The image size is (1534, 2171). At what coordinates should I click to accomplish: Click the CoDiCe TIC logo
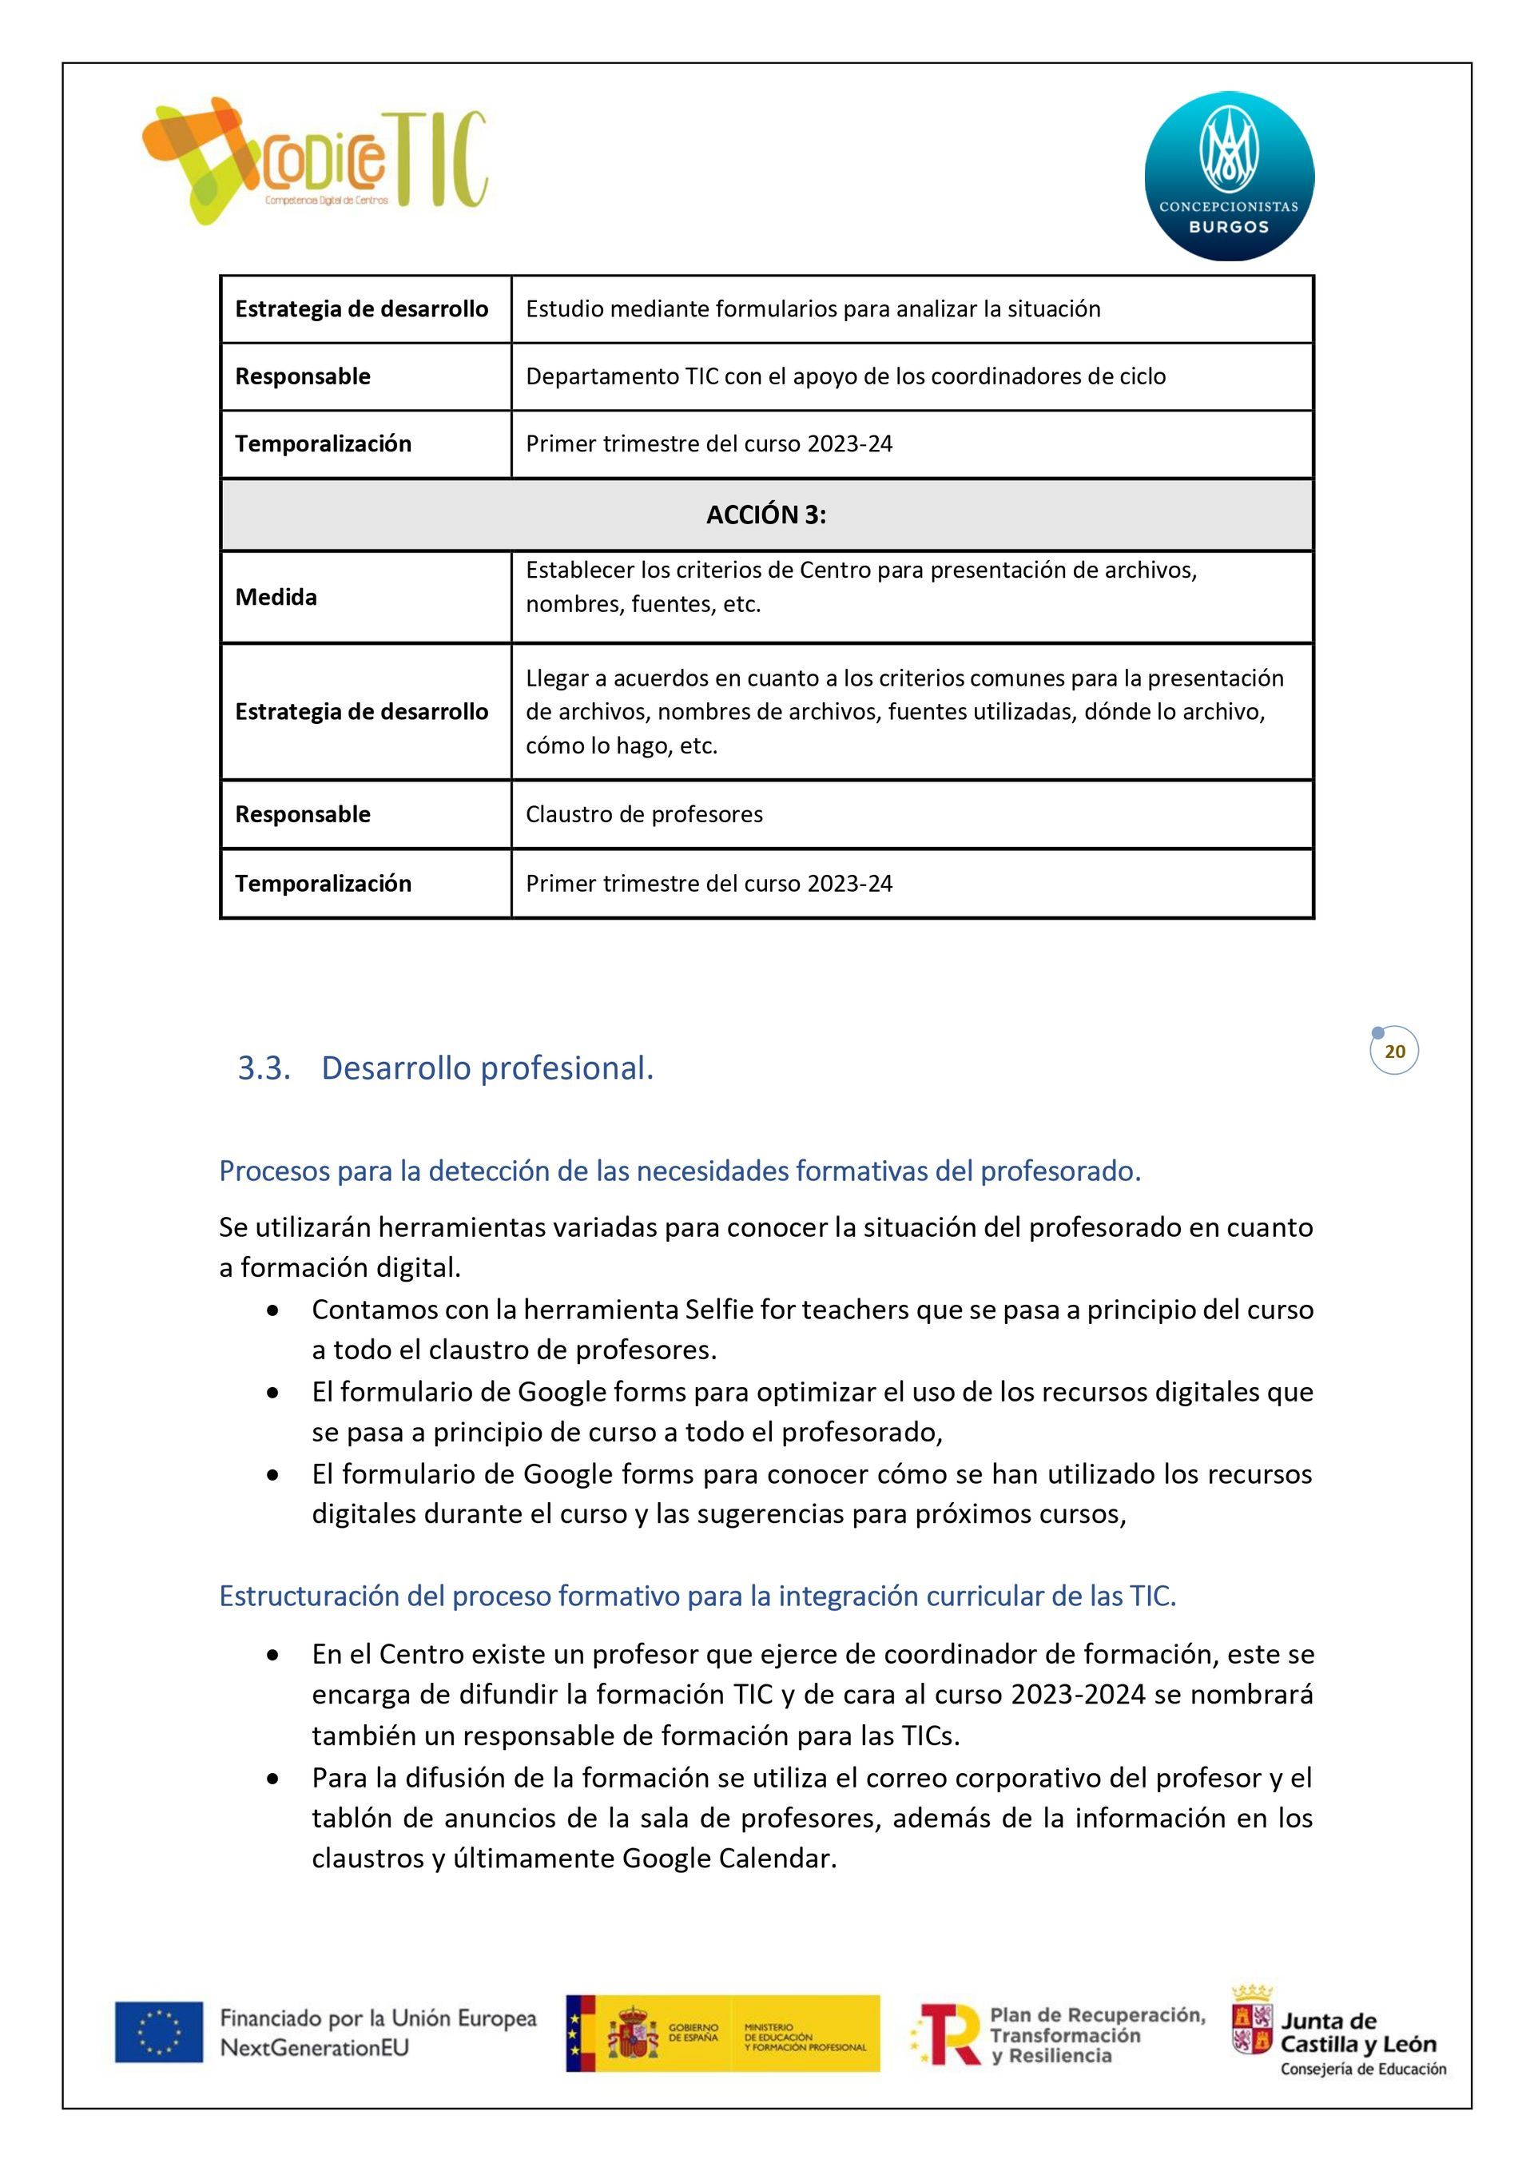pos(315,161)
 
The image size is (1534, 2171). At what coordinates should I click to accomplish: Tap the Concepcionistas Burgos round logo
pos(1229,176)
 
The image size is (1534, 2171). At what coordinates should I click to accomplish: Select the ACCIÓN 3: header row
pos(766,515)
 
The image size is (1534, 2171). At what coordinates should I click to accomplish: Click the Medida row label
pos(276,597)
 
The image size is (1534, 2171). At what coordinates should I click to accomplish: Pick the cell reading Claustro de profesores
pos(644,814)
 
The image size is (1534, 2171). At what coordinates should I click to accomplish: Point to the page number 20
pos(1395,1052)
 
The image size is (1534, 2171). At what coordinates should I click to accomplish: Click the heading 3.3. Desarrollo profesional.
pos(446,1068)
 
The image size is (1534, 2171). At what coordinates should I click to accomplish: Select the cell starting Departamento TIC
pos(845,376)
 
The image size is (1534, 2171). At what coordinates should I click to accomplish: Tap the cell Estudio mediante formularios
pos(813,309)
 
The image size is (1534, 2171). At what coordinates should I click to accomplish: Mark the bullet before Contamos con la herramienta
pos(273,1311)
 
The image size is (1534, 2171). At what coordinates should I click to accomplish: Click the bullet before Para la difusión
pos(273,1779)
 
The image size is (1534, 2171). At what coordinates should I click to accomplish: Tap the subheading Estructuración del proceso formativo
pos(697,1596)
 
